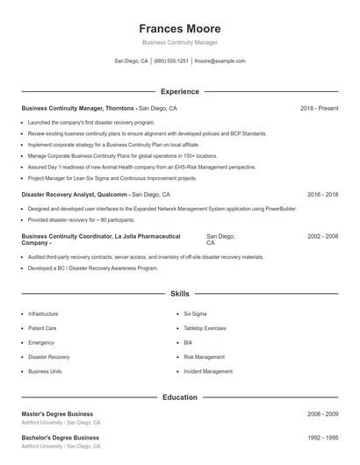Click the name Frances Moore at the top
tap(180, 28)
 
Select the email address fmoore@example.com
tap(220, 61)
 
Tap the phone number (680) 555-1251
tap(171, 61)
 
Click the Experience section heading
tap(180, 91)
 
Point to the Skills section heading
tap(180, 294)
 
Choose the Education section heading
tap(180, 397)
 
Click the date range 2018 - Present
tap(319, 108)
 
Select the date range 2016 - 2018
tap(322, 194)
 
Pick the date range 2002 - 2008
tap(322, 236)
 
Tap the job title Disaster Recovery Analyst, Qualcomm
tap(76, 194)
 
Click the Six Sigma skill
tap(195, 313)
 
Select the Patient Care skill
tap(42, 328)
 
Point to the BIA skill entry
tap(188, 342)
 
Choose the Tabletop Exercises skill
tap(205, 328)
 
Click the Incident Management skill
tap(208, 371)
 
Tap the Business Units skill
tap(45, 371)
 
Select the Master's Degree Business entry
tap(57, 414)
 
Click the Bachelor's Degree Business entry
tap(60, 437)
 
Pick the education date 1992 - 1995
tap(322, 437)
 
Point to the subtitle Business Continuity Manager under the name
tap(180, 42)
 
